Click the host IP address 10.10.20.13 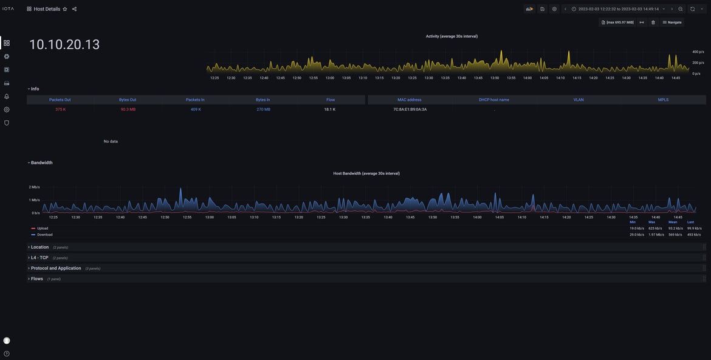tap(64, 44)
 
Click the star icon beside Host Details tap(65, 9)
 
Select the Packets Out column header tap(60, 100)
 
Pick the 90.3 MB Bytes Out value tap(128, 109)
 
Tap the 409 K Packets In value tap(196, 109)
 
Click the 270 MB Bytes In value tap(263, 109)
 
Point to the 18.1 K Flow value tap(330, 109)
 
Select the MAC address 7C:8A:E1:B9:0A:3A tap(410, 109)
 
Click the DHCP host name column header tap(494, 100)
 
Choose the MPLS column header tap(663, 100)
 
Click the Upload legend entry tap(43, 229)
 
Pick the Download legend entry tap(44, 235)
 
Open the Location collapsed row tap(39, 247)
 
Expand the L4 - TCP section tap(39, 258)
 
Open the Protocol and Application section tap(56, 268)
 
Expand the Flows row tap(37, 279)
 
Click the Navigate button tap(672, 22)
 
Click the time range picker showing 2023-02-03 tap(618, 9)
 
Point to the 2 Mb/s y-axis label tap(35, 187)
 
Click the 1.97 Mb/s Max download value tap(656, 235)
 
